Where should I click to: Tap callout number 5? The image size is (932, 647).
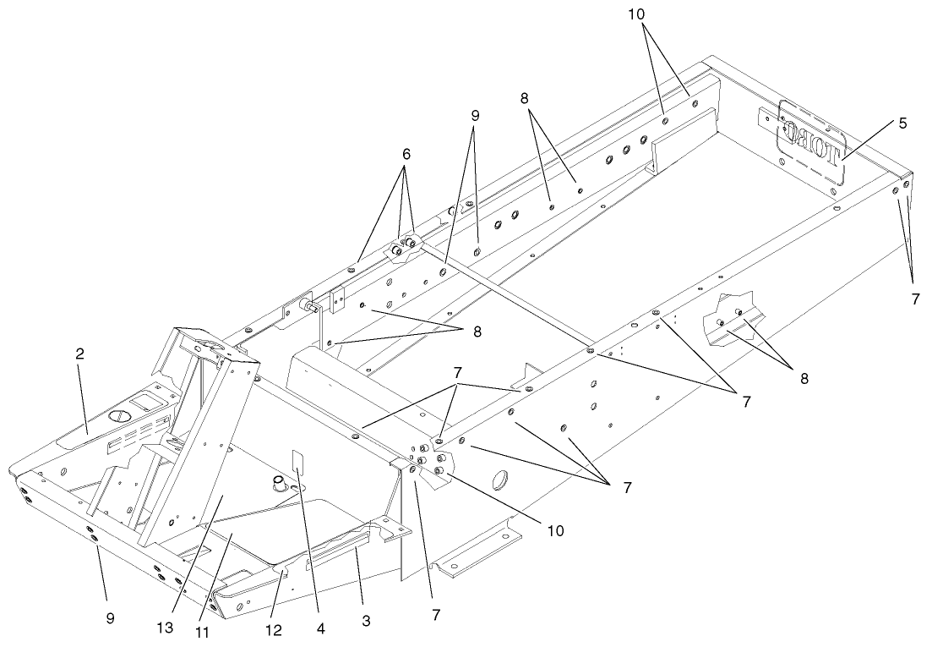click(903, 123)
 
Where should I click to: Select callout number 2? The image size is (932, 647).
click(79, 354)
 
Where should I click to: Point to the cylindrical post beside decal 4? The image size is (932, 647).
click(275, 485)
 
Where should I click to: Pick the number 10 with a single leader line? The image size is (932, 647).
click(554, 531)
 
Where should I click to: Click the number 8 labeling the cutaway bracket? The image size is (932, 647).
click(803, 378)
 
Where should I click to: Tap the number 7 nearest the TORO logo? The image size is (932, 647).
click(915, 298)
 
